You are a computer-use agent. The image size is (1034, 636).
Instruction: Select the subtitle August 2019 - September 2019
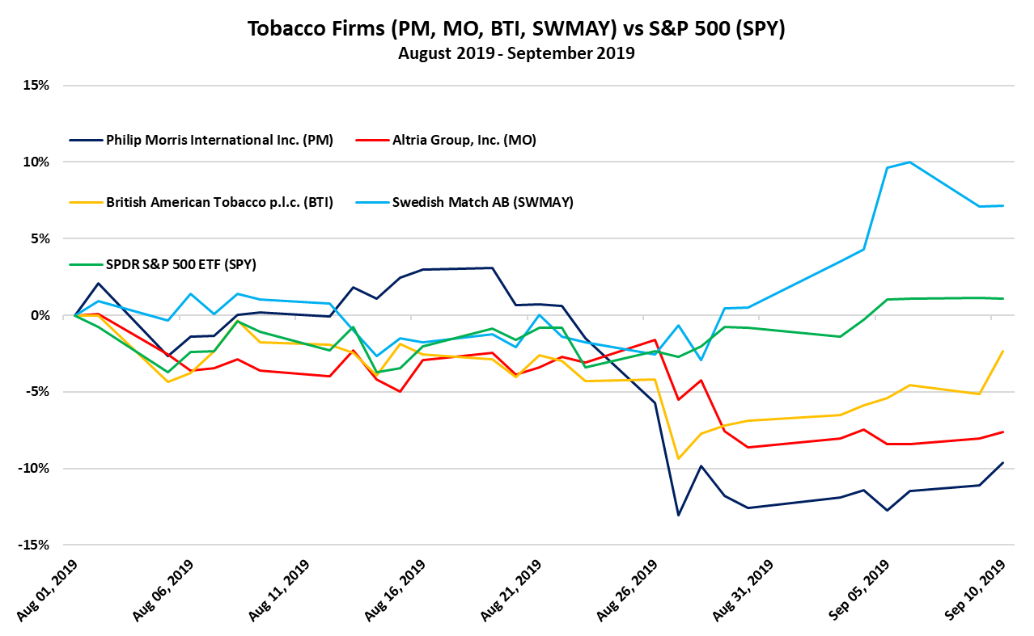[x=516, y=54]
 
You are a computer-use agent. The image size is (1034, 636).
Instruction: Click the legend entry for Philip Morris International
[x=219, y=139]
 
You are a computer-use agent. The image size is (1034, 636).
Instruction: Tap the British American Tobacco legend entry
[x=219, y=202]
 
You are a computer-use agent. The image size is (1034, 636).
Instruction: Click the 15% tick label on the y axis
[x=36, y=85]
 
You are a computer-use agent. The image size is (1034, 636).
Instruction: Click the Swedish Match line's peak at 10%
[x=911, y=162]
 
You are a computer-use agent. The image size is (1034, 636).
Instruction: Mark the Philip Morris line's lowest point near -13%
[x=678, y=515]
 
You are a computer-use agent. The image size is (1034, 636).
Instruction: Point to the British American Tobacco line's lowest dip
[x=678, y=459]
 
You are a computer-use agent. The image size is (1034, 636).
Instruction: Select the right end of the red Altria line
[x=1003, y=432]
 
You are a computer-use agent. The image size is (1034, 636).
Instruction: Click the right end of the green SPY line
[x=1003, y=298]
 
